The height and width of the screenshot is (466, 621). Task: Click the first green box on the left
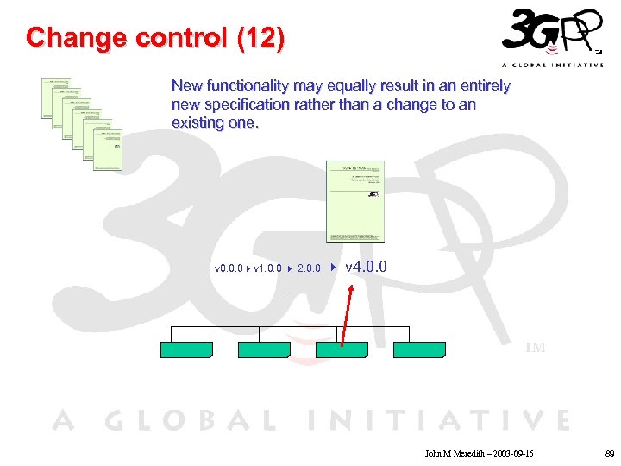click(186, 349)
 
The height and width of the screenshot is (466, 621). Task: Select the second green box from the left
click(264, 349)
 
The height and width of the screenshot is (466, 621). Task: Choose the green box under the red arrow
click(342, 350)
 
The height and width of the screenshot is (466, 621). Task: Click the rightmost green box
click(419, 349)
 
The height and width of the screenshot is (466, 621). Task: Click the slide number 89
click(609, 452)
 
